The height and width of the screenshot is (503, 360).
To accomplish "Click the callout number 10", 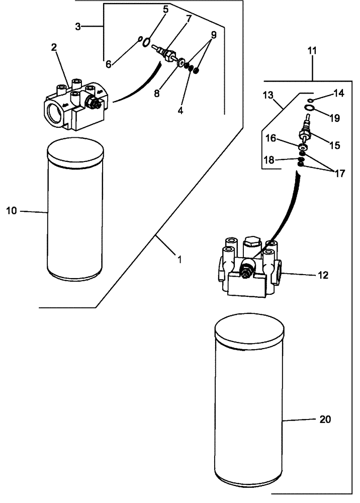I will tap(12, 211).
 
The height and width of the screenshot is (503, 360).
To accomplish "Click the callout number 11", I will tap(312, 51).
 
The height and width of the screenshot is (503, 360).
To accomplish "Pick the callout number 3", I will tap(77, 27).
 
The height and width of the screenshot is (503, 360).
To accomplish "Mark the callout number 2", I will tap(54, 48).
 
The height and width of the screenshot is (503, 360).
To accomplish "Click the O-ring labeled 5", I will tap(145, 43).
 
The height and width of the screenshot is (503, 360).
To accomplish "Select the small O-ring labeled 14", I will tap(311, 101).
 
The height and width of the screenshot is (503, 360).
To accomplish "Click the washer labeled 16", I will tap(303, 147).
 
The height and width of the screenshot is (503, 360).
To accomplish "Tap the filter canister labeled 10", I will tap(74, 211).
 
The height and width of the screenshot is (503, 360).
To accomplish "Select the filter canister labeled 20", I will tap(250, 407).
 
